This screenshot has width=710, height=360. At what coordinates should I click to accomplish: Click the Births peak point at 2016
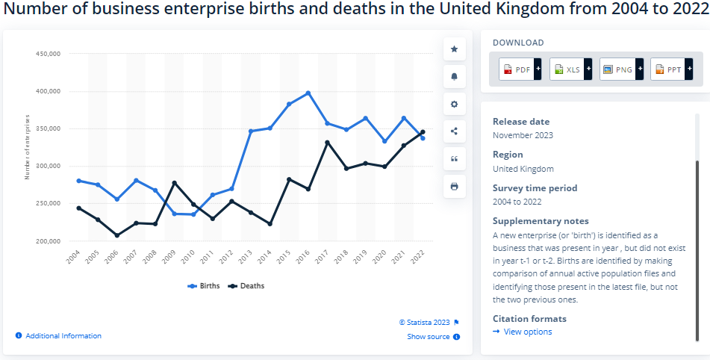click(x=308, y=93)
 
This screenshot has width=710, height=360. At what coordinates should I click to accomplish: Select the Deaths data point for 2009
click(x=175, y=183)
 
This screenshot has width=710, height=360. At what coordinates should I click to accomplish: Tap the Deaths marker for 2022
click(x=423, y=132)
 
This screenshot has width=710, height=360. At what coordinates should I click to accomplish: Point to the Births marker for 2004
click(x=79, y=181)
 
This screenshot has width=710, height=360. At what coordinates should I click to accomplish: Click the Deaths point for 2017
click(x=327, y=143)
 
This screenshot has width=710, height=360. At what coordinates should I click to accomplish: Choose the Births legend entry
click(x=204, y=286)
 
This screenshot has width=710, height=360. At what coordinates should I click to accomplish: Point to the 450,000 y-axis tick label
click(x=48, y=54)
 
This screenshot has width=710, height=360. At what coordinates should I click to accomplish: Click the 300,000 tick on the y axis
click(x=48, y=166)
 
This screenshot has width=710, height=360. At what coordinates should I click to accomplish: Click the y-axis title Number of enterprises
click(x=28, y=147)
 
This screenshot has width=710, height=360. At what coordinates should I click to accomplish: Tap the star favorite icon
click(x=454, y=49)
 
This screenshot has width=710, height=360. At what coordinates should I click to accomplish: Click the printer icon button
click(x=454, y=186)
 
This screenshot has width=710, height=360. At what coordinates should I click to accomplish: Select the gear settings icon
click(x=454, y=104)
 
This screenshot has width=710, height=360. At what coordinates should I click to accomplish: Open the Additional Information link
click(x=59, y=336)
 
